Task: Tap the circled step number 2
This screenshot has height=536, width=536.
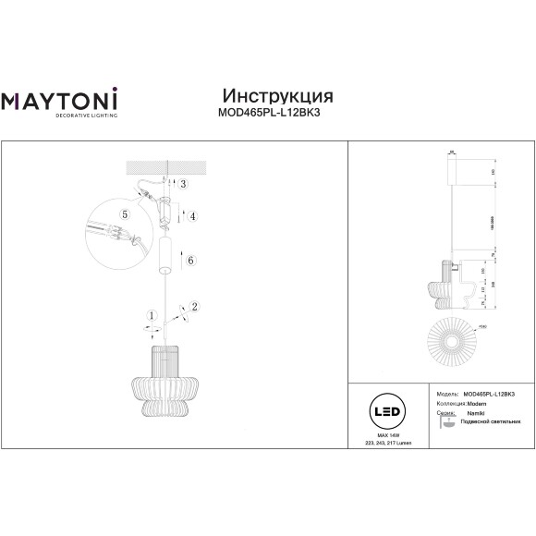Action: tap(195, 307)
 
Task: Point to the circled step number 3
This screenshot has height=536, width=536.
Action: tap(184, 185)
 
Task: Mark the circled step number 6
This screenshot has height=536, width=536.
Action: tap(191, 262)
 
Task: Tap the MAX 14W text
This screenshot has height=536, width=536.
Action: tap(387, 433)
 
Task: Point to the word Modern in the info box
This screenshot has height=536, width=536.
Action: tap(476, 403)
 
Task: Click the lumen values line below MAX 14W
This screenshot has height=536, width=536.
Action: tap(387, 443)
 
